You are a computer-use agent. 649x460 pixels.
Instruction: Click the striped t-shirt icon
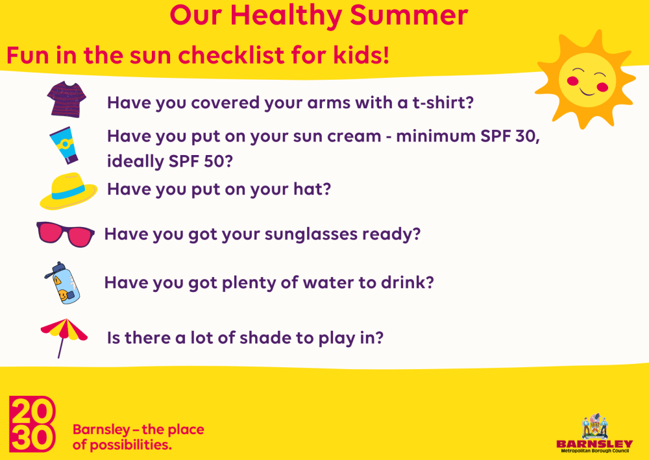66,99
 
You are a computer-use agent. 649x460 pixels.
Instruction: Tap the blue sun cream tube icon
64,145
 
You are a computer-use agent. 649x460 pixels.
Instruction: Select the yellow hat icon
68,191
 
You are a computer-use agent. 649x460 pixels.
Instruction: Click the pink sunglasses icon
66,234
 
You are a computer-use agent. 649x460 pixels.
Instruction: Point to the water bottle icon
62,283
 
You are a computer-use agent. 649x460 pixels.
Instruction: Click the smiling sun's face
587,80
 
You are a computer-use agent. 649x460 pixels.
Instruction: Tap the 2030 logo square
32,424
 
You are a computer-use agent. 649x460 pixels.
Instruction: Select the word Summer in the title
409,16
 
